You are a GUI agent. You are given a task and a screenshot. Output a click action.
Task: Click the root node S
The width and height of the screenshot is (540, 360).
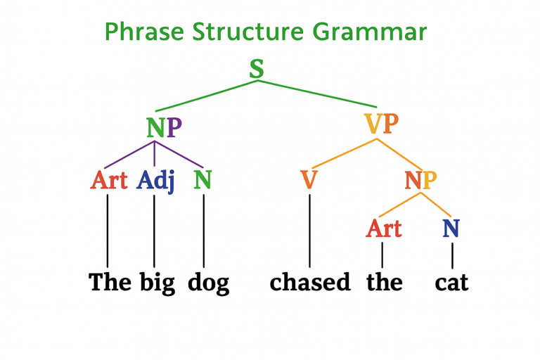(x=257, y=69)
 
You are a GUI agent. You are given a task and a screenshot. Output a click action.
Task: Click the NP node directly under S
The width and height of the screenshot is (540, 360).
(x=164, y=127)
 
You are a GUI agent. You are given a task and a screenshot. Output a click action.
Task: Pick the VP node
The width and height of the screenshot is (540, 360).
(x=381, y=124)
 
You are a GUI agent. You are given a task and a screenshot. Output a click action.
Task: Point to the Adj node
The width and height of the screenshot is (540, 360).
(x=155, y=181)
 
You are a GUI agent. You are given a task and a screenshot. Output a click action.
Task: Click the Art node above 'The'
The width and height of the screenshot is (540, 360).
(x=109, y=181)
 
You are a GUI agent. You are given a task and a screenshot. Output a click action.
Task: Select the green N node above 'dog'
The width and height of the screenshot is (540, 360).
(x=202, y=181)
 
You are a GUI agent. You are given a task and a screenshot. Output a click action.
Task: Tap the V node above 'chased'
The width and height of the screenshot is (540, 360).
(x=309, y=181)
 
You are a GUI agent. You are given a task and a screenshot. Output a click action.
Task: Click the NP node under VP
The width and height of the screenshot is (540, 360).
(x=420, y=181)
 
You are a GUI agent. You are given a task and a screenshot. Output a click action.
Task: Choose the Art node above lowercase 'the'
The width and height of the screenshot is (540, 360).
(x=384, y=228)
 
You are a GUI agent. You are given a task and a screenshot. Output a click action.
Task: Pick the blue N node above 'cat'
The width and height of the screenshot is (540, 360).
(x=451, y=228)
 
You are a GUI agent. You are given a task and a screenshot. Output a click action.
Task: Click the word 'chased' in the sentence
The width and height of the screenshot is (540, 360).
(x=309, y=283)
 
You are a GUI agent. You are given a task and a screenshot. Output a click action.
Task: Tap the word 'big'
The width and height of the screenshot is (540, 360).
(x=157, y=283)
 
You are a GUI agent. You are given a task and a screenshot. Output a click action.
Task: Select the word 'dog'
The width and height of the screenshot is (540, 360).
(x=208, y=283)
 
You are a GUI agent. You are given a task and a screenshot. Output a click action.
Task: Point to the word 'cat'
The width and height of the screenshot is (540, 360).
(x=451, y=283)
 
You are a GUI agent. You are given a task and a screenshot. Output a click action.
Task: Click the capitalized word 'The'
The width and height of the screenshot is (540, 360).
(x=110, y=283)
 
